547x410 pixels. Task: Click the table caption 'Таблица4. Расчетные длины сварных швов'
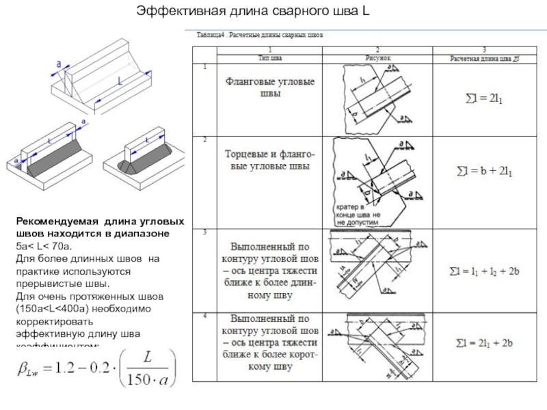pos(261,33)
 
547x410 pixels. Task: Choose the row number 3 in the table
pos(204,233)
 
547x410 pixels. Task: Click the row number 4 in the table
pos(204,316)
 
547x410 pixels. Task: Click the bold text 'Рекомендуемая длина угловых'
pos(101,223)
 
